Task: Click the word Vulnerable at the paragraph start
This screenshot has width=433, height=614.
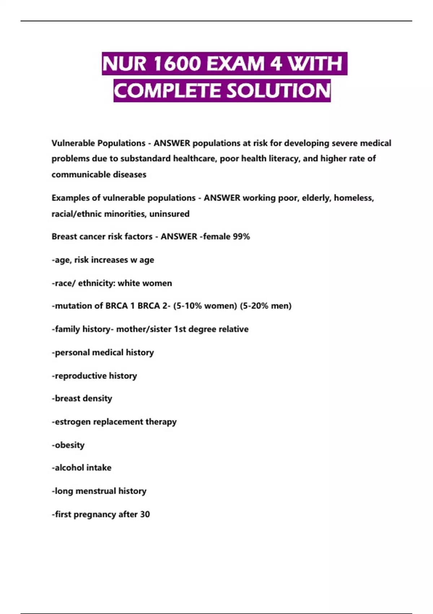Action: point(73,143)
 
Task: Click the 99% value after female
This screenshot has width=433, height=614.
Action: point(241,237)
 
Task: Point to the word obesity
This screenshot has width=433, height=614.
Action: point(69,445)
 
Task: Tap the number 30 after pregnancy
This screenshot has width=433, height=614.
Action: point(145,514)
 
